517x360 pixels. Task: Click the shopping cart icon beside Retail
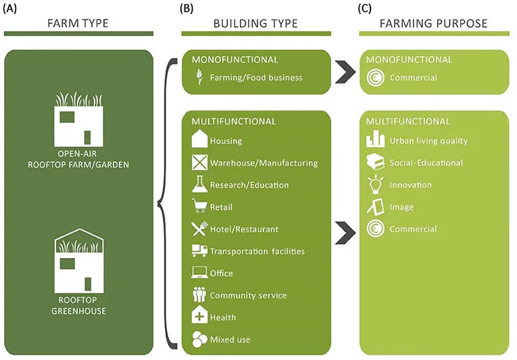click(199, 206)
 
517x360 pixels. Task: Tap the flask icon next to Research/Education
click(199, 184)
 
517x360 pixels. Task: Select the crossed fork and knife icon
click(199, 228)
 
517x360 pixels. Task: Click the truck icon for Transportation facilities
click(199, 251)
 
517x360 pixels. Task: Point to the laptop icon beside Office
click(199, 273)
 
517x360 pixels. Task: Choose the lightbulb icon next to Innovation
click(376, 184)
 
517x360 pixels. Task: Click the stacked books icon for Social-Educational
click(375, 163)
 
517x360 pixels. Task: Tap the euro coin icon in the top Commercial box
click(375, 78)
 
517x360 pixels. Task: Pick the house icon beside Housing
click(199, 138)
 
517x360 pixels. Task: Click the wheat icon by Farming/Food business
click(199, 77)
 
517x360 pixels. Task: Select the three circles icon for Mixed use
click(199, 339)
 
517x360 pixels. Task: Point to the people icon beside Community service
click(199, 294)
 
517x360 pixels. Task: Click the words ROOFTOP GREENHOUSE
click(78, 305)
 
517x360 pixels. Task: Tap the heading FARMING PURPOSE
click(434, 24)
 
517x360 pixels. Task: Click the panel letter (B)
click(187, 9)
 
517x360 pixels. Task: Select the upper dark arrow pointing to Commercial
click(345, 72)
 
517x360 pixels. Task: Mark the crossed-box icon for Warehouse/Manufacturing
click(199, 162)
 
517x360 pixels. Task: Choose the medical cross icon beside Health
click(199, 315)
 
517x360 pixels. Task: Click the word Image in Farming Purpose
click(401, 207)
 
